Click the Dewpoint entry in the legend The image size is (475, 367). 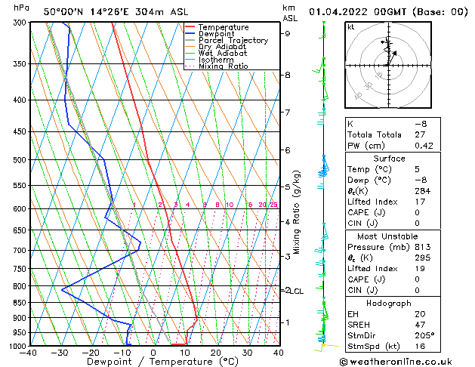point(217,34)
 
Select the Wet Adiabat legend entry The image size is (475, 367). point(222,54)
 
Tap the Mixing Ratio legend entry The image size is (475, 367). point(223,66)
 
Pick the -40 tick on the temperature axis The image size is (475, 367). point(29,353)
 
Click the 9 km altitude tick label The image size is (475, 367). point(288,33)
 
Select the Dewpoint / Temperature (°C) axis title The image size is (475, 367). point(153,362)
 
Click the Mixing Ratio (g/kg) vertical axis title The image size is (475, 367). point(298,211)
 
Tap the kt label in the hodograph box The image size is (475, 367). point(351,26)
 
